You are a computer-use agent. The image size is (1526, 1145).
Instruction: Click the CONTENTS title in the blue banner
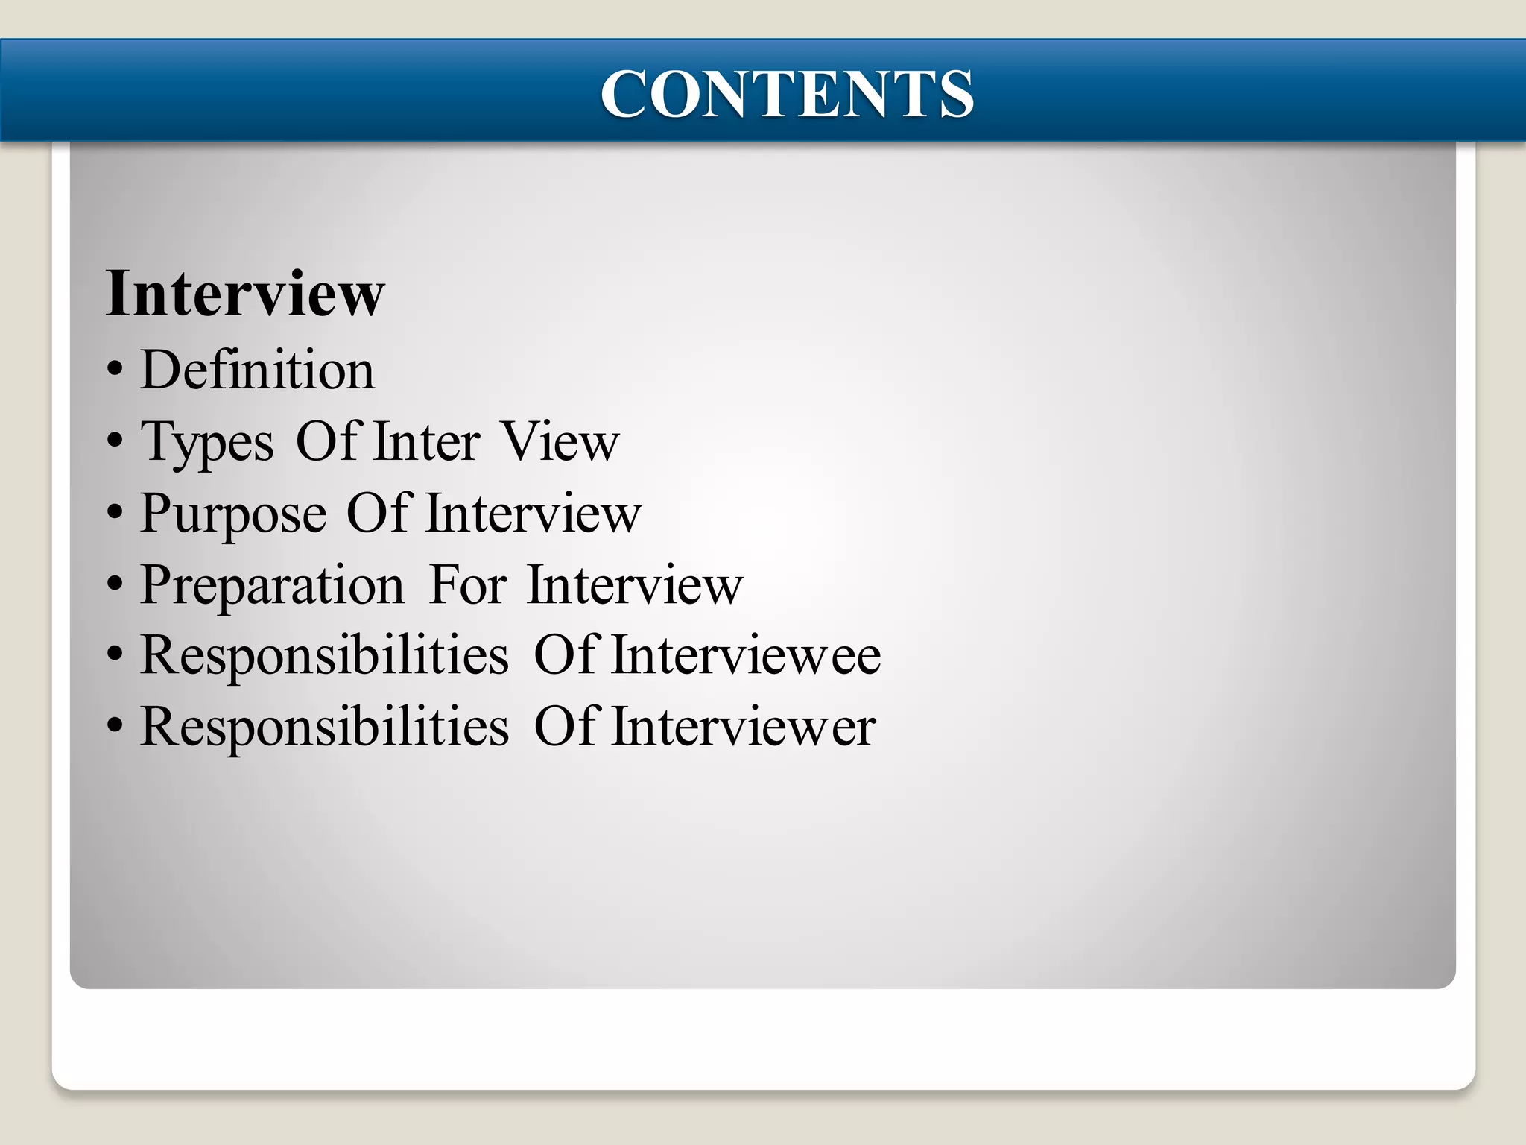(787, 94)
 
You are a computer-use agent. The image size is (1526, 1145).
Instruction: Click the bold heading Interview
(245, 294)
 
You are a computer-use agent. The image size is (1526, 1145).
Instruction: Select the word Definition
(257, 370)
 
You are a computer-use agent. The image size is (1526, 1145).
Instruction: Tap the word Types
(207, 443)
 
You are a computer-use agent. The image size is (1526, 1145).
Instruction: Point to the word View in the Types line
(560, 441)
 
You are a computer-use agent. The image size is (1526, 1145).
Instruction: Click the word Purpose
(233, 514)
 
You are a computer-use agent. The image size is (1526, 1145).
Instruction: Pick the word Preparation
(272, 584)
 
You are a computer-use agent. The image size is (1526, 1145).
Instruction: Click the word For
(469, 584)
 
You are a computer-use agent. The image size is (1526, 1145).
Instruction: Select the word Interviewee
(746, 655)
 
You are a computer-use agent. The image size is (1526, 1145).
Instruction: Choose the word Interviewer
(744, 727)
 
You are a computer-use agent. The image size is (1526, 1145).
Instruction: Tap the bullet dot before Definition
(115, 370)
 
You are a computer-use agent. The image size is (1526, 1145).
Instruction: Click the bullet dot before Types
(115, 442)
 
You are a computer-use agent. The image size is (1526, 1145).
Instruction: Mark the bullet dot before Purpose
(115, 513)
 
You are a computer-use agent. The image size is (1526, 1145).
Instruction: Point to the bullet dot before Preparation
(115, 584)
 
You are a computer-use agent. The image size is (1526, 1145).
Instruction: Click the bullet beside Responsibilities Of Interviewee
(115, 655)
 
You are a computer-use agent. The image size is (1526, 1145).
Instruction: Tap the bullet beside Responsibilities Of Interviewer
(115, 727)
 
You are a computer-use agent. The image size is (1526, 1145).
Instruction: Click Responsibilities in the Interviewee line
(325, 655)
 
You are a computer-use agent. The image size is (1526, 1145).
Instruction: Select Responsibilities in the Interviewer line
(325, 727)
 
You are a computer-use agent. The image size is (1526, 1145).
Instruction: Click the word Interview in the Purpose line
(534, 514)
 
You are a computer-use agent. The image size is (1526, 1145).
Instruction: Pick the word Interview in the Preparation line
(635, 584)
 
